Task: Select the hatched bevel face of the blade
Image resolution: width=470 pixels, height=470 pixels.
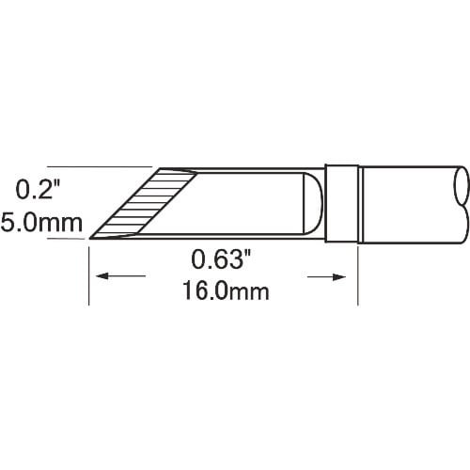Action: click(x=141, y=202)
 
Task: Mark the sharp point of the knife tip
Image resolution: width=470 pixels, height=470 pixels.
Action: click(x=90, y=239)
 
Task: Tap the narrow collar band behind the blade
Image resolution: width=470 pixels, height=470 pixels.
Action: click(x=342, y=203)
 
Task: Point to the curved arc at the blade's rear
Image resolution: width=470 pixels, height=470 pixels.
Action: click(x=318, y=203)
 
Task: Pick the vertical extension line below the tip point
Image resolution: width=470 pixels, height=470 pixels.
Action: click(x=89, y=273)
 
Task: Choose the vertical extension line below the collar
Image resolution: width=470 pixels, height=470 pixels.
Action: click(x=359, y=273)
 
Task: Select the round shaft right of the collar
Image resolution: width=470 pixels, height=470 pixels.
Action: click(x=409, y=202)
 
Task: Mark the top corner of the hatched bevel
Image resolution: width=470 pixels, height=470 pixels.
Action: click(x=161, y=170)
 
